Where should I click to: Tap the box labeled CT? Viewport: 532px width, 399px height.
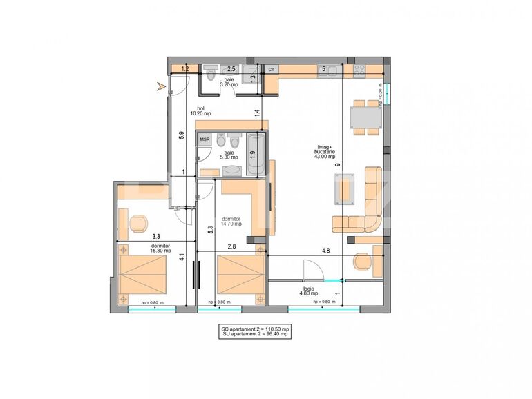tap(271, 70)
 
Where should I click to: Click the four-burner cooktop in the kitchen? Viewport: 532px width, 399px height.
tap(360, 70)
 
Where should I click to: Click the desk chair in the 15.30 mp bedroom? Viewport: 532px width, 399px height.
tap(139, 224)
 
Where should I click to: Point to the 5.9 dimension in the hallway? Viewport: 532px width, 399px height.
tap(181, 136)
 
